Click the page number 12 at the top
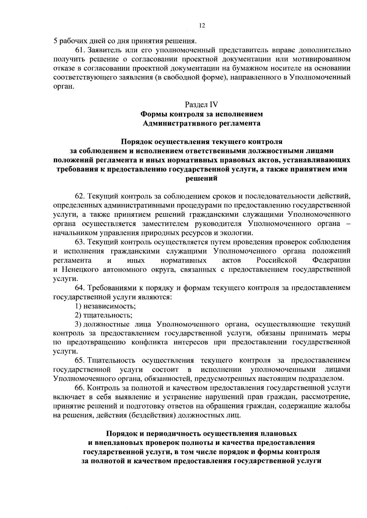(202, 26)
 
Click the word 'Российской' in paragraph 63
(277, 260)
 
